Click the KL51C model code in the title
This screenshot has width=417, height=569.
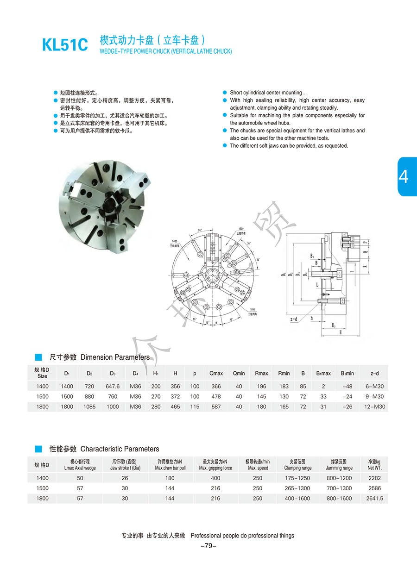[65, 45]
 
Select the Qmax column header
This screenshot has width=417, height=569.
[216, 373]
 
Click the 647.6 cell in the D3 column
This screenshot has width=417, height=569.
[113, 386]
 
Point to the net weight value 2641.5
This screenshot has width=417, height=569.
[374, 498]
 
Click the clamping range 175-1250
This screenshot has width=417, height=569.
[297, 478]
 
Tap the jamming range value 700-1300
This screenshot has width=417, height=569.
[339, 488]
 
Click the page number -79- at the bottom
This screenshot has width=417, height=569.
[208, 546]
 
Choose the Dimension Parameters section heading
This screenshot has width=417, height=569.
[115, 357]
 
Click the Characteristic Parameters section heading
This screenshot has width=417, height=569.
[120, 449]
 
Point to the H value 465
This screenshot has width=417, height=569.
[175, 406]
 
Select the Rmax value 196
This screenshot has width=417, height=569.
[261, 386]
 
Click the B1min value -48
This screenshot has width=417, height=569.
[347, 386]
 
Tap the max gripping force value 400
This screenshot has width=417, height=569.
[215, 478]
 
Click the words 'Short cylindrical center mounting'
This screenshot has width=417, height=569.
[266, 93]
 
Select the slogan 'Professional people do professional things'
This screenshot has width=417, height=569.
[242, 535]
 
